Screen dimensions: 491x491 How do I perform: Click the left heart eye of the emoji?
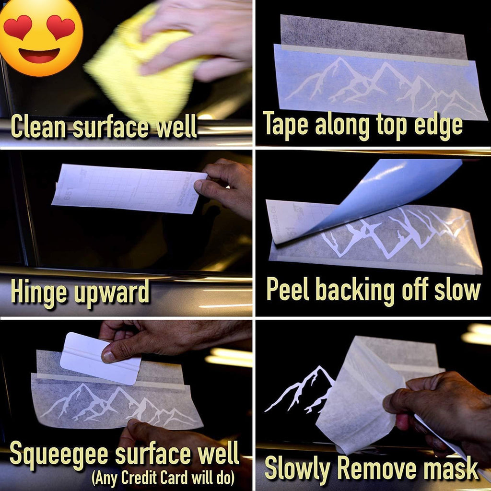(18, 26)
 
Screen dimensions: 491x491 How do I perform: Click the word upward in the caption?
(111, 292)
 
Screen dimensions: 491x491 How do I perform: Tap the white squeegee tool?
(100, 358)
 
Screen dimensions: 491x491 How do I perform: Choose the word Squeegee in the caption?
(59, 454)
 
